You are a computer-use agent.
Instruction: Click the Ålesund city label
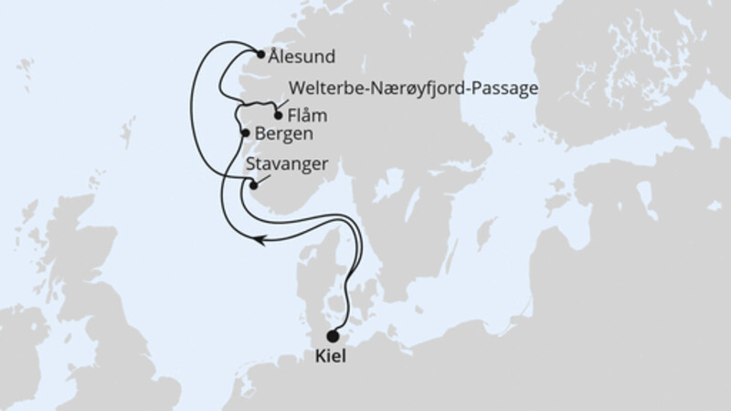point(302,56)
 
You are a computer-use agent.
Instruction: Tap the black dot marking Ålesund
point(261,55)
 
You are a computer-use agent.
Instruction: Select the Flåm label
point(306,116)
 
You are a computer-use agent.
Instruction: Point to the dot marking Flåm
point(279,116)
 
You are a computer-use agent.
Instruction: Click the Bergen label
point(283,134)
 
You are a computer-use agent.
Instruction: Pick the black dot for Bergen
point(244,133)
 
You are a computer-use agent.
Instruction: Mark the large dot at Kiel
point(332,336)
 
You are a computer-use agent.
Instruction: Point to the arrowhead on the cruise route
point(260,241)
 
